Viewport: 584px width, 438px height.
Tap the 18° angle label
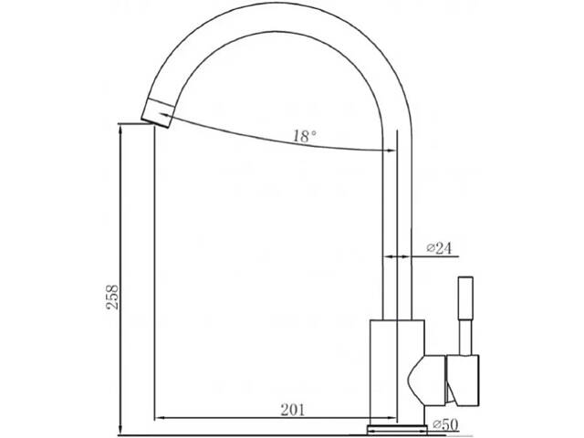(x=304, y=137)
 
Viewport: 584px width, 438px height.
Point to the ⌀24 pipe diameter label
(x=440, y=248)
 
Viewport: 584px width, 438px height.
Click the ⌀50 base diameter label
(x=444, y=423)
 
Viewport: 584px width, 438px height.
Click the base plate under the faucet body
(x=398, y=425)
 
